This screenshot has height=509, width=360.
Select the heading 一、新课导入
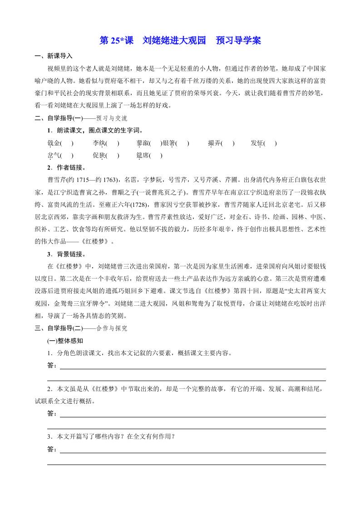pyautogui.click(x=54, y=56)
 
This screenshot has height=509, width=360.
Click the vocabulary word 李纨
pyautogui.click(x=99, y=143)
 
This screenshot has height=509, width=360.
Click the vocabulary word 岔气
pyautogui.click(x=54, y=155)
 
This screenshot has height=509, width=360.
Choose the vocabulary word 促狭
pyautogui.click(x=99, y=155)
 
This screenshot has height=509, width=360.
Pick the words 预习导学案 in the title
pyautogui.click(x=238, y=41)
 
